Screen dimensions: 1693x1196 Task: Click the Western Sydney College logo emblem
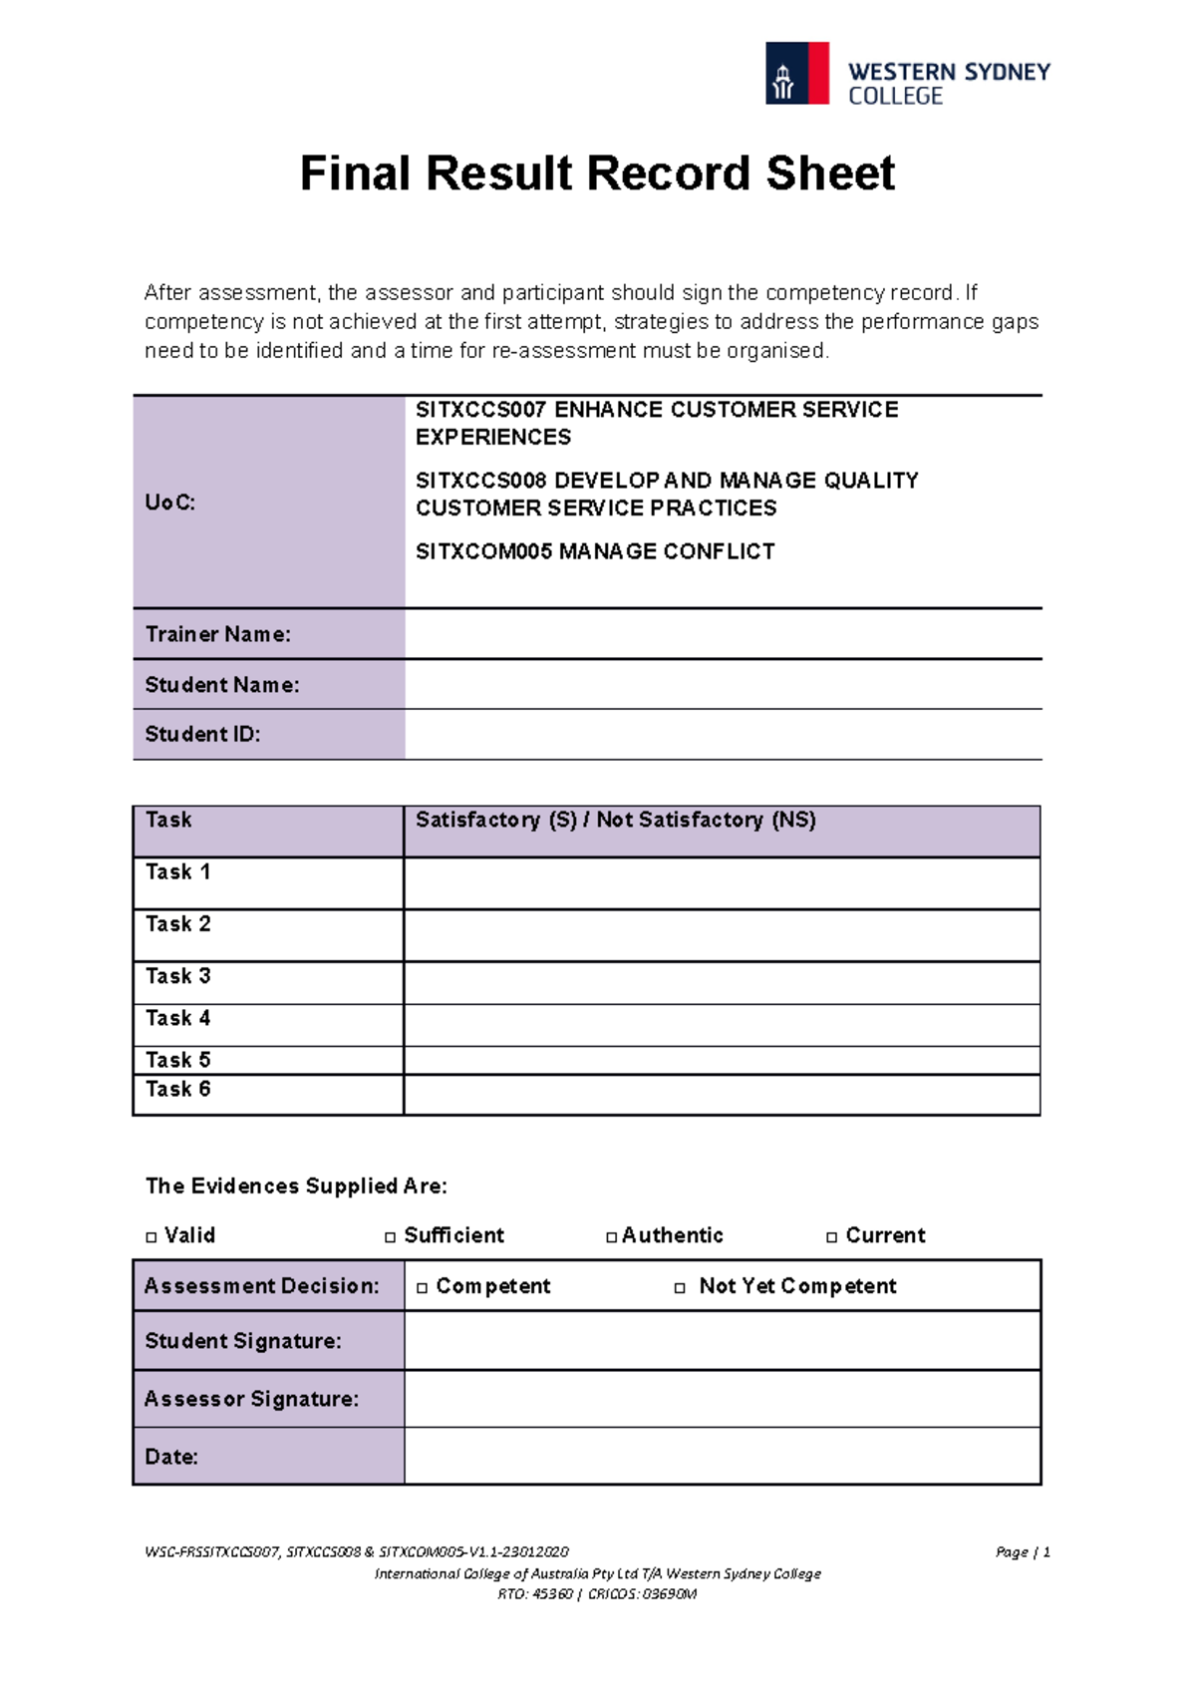pyautogui.click(x=796, y=73)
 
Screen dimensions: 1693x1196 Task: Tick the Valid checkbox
pyautogui.click(x=151, y=1237)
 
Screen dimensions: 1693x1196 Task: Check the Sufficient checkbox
pyautogui.click(x=391, y=1237)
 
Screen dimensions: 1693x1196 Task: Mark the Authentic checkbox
pyautogui.click(x=611, y=1237)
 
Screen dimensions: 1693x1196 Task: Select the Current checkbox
pyautogui.click(x=832, y=1237)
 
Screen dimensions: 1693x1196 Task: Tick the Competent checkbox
pyautogui.click(x=423, y=1288)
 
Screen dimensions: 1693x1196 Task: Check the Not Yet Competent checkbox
pyautogui.click(x=680, y=1288)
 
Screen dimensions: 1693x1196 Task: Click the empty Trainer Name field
pyautogui.click(x=722, y=634)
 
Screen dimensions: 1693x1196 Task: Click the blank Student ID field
pyautogui.click(x=722, y=735)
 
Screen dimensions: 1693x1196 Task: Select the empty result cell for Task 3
pyautogui.click(x=722, y=983)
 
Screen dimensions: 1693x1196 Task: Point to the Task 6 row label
pyautogui.click(x=178, y=1090)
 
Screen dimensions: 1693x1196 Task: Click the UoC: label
pyautogui.click(x=170, y=503)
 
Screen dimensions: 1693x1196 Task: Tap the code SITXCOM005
pyautogui.click(x=484, y=551)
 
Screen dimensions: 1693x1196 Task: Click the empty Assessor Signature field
pyautogui.click(x=722, y=1399)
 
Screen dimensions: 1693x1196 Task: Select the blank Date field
pyautogui.click(x=722, y=1457)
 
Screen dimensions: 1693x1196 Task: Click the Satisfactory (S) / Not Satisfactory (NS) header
pyautogui.click(x=615, y=821)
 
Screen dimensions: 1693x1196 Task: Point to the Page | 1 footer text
pyautogui.click(x=1022, y=1552)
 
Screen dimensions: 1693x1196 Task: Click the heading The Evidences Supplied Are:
pyautogui.click(x=296, y=1186)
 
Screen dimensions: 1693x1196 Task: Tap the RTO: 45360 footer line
pyautogui.click(x=597, y=1594)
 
